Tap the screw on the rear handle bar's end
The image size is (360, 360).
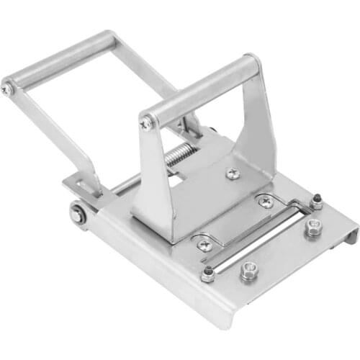pyautogui.click(x=7, y=89)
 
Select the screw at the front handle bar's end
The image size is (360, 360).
pyautogui.click(x=146, y=124)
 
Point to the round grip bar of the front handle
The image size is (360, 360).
pyautogui.click(x=202, y=91)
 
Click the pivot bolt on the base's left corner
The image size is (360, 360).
pyautogui.click(x=77, y=213)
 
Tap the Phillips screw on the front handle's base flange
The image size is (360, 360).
pyautogui.click(x=232, y=174)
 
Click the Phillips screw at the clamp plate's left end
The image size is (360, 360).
pyautogui.click(x=204, y=243)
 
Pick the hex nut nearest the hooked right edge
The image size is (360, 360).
pyautogui.click(x=312, y=229)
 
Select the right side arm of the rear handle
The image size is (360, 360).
pyautogui.click(x=148, y=72)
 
